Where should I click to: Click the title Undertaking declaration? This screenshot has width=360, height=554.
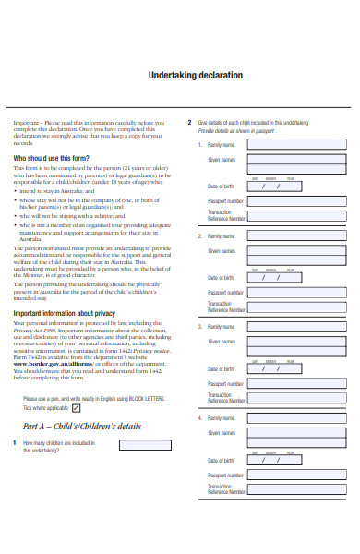196,75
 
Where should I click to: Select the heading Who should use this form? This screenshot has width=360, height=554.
52,159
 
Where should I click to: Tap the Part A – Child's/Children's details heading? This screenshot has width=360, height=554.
82,427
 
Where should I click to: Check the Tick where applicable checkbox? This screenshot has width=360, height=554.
77,407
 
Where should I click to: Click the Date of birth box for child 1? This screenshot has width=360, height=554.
270,186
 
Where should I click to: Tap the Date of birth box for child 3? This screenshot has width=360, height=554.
270,367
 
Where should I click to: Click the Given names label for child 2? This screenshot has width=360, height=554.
222,250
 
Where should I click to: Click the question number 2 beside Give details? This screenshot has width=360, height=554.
189,122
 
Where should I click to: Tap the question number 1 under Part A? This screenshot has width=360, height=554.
15,443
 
